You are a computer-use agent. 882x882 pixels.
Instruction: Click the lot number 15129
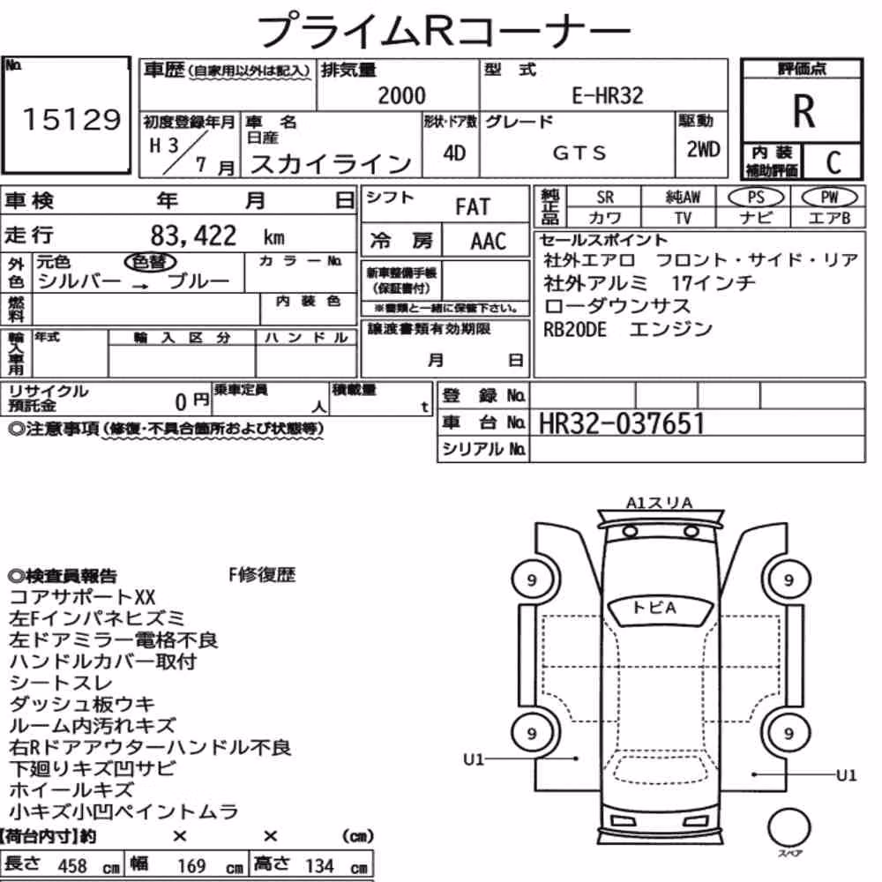71,119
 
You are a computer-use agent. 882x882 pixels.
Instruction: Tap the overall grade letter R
804,111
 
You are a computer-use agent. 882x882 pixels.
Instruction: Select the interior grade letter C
833,162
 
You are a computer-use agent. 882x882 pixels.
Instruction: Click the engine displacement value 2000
401,95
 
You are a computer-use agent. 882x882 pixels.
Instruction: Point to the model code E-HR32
608,95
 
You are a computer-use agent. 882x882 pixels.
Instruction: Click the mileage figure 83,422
193,235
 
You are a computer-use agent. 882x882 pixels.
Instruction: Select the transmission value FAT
473,207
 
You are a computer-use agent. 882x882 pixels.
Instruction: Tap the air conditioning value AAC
489,242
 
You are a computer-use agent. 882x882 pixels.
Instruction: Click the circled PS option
756,198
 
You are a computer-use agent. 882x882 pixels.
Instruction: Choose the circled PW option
829,198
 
